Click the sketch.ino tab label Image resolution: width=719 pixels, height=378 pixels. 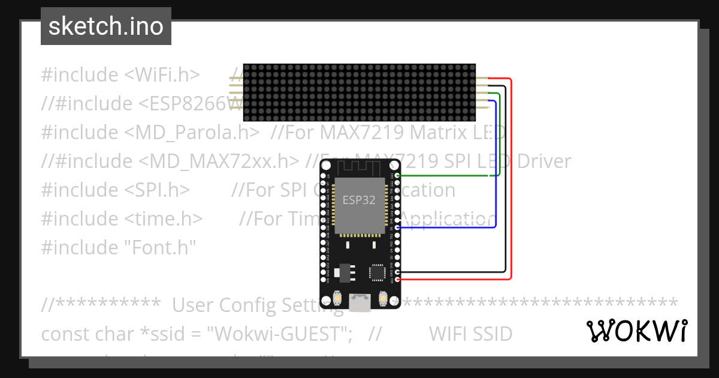(106, 26)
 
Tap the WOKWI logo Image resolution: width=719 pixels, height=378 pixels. (636, 331)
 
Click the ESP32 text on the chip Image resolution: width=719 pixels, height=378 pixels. (359, 200)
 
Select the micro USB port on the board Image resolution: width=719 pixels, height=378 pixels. (359, 303)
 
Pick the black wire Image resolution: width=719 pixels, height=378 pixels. (506, 180)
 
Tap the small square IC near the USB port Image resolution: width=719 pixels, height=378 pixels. (377, 272)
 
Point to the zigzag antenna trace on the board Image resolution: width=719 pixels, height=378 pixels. (359, 167)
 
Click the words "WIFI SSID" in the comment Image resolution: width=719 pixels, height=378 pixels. (470, 334)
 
